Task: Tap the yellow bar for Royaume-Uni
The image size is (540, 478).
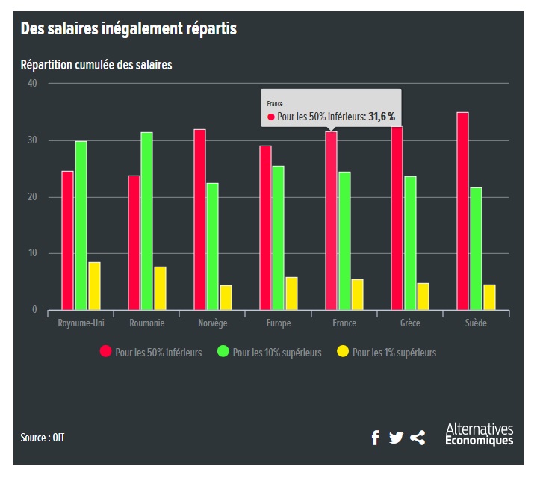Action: point(94,286)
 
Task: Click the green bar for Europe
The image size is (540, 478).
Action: point(278,238)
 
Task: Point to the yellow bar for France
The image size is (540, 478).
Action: point(357,294)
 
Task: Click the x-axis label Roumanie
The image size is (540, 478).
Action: point(147,323)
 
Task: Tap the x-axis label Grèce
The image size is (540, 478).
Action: point(410,323)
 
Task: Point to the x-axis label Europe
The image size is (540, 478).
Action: point(278,323)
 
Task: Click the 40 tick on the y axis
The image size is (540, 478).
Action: point(32,83)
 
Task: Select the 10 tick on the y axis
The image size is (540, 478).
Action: point(32,254)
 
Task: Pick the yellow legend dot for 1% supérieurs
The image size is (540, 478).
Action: point(343,352)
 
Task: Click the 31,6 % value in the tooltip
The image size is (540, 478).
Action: point(381,117)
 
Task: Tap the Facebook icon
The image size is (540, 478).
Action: point(375,438)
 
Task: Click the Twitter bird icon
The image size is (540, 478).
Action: point(396,438)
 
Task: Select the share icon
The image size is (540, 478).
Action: point(418,438)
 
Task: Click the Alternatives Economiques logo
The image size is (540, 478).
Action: point(479,435)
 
